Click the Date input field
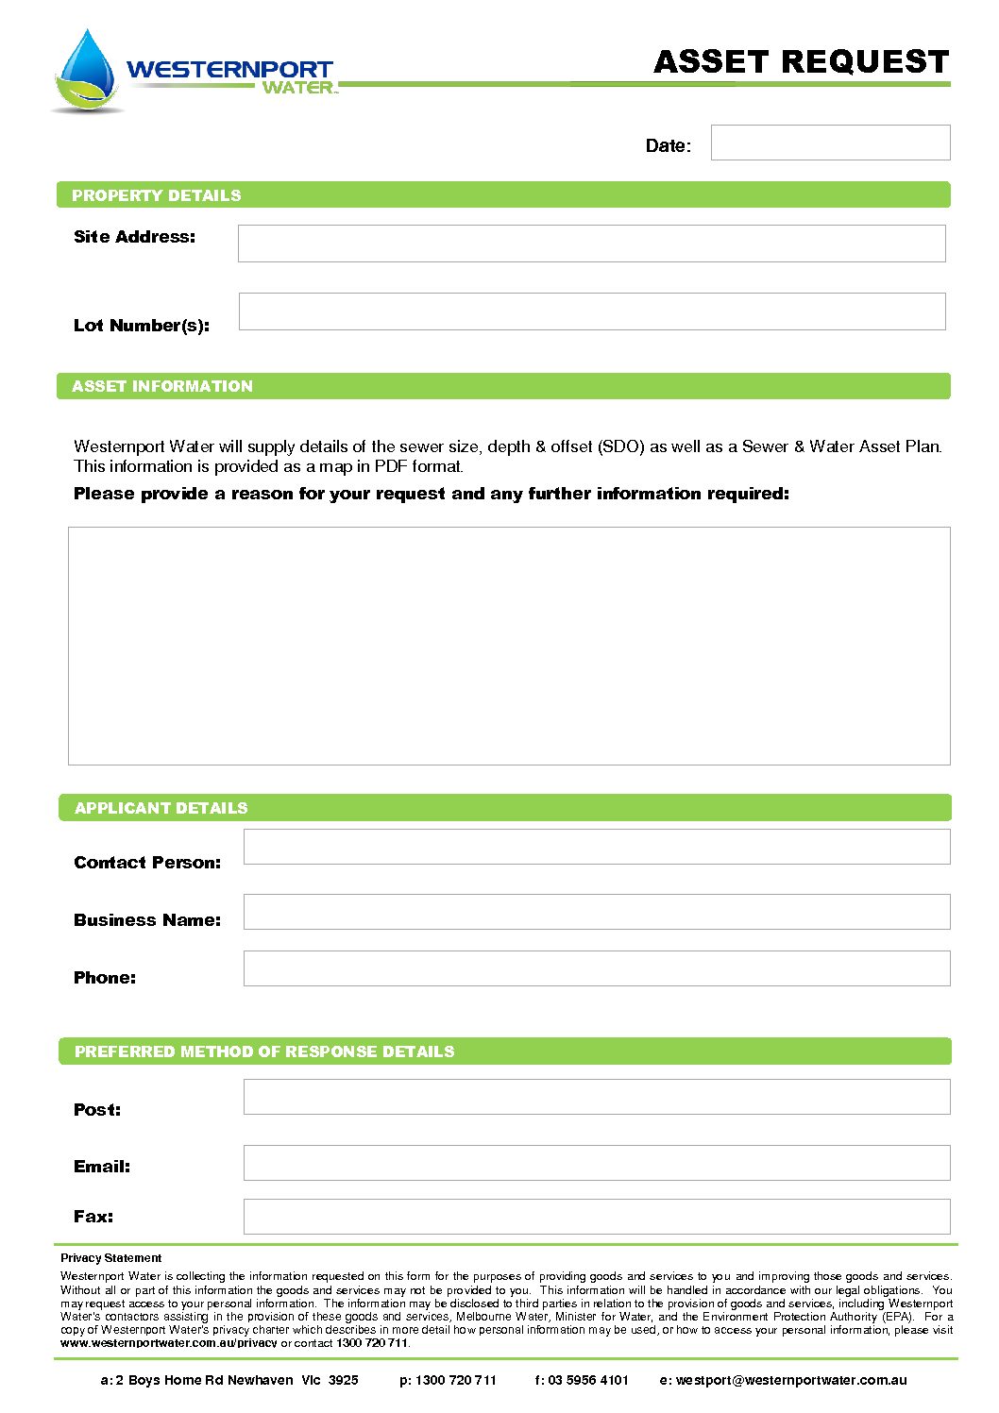[x=830, y=143]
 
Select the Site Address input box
[x=591, y=244]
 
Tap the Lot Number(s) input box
[x=591, y=311]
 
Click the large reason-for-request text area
[x=509, y=646]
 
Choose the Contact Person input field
[x=597, y=847]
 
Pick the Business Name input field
[x=597, y=912]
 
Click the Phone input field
[x=597, y=968]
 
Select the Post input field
[x=597, y=1097]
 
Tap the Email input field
[x=597, y=1163]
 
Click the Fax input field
[x=597, y=1217]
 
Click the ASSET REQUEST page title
[x=801, y=62]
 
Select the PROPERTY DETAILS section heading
[x=157, y=195]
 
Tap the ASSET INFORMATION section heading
[x=162, y=386]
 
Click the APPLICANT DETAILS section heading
[x=161, y=808]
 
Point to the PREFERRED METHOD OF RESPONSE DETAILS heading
[x=264, y=1051]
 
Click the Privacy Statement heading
[x=111, y=1258]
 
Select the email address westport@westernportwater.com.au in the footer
[x=791, y=1380]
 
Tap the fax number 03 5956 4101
[x=588, y=1380]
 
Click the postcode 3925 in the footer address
[x=344, y=1380]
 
